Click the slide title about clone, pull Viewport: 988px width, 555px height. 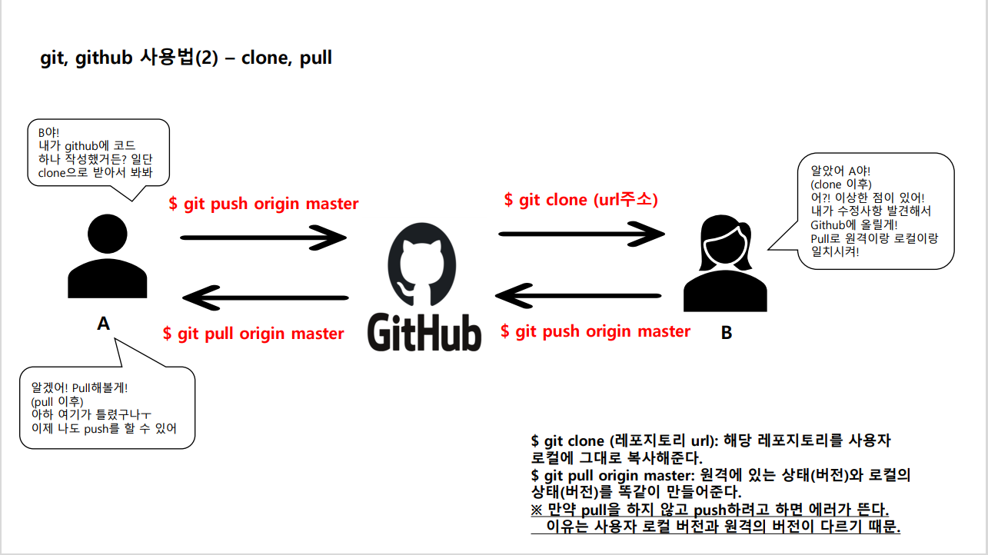click(x=186, y=58)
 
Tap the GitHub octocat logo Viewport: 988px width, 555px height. click(x=422, y=261)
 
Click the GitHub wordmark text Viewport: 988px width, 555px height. click(x=424, y=331)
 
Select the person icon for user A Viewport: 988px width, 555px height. click(x=107, y=260)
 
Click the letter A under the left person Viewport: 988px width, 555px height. click(x=104, y=324)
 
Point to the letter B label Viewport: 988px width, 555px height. click(x=726, y=333)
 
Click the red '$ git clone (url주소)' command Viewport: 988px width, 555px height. click(x=580, y=200)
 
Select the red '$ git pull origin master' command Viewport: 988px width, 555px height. click(x=254, y=334)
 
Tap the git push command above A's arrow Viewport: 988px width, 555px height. click(x=264, y=204)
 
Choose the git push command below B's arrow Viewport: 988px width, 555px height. click(x=595, y=331)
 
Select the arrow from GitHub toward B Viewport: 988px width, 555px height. click(x=581, y=232)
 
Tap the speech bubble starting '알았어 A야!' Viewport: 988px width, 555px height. click(x=874, y=211)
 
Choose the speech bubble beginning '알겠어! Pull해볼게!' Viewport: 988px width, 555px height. click(x=106, y=407)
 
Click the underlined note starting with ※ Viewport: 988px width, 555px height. click(x=715, y=519)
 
